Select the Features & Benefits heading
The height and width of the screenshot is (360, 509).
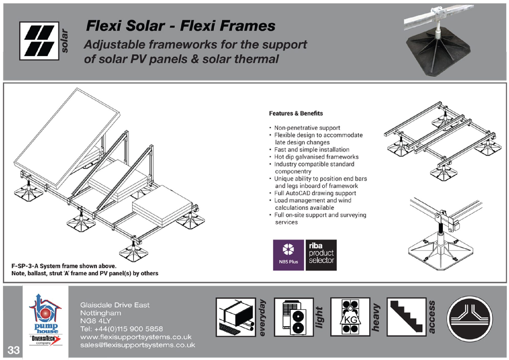(296, 113)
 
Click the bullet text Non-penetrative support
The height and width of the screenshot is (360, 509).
(307, 128)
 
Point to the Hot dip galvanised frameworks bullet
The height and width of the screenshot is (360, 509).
(316, 157)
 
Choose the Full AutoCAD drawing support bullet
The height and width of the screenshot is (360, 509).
(315, 193)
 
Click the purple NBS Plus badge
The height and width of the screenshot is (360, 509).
(288, 255)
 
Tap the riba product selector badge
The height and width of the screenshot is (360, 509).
(321, 255)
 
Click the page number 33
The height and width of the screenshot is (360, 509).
(13, 350)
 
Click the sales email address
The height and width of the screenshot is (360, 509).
(138, 345)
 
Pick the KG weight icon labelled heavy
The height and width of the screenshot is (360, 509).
(350, 317)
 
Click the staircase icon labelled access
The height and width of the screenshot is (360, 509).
(406, 317)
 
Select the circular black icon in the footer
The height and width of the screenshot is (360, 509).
(470, 319)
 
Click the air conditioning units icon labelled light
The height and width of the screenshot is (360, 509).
(294, 317)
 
